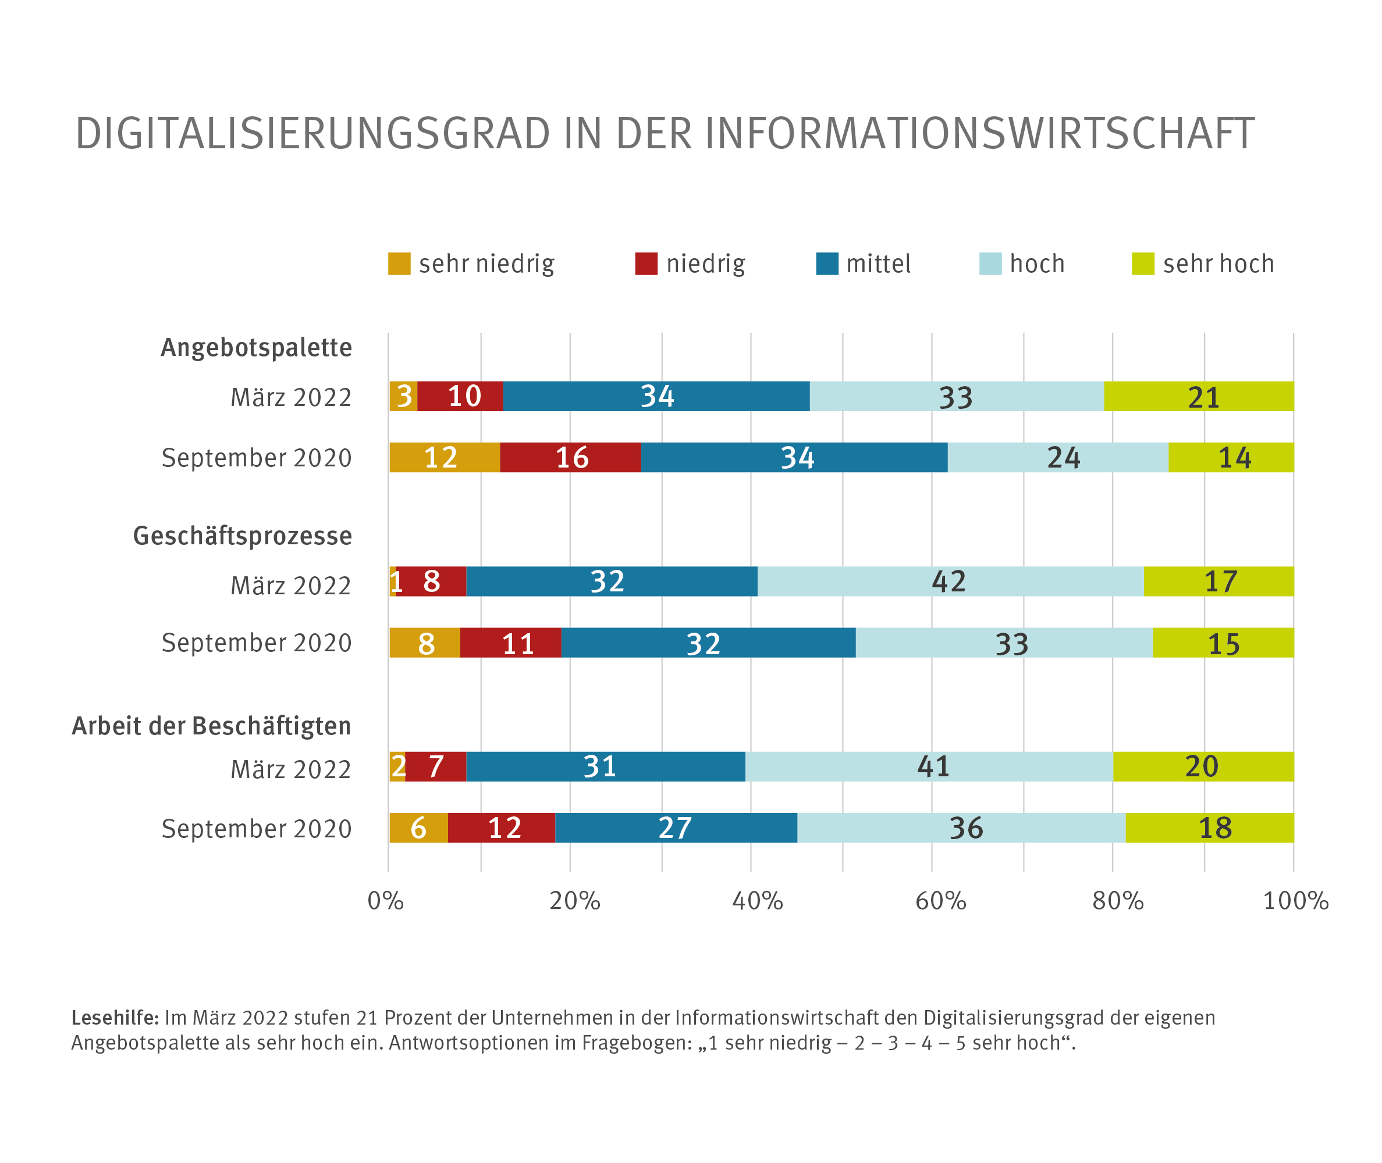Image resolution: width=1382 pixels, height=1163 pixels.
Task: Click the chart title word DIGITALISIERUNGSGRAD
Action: click(312, 134)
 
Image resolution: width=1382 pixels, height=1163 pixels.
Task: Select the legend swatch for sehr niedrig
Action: click(399, 264)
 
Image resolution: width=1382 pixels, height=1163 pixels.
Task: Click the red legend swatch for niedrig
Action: click(646, 264)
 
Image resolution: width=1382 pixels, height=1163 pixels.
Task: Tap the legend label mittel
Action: click(878, 264)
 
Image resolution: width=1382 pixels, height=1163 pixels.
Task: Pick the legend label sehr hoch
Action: click(1218, 264)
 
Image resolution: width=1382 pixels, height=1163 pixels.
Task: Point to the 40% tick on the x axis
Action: click(757, 901)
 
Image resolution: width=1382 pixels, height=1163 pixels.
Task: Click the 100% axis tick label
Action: click(1295, 901)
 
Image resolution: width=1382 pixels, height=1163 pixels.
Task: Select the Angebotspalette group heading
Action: click(256, 348)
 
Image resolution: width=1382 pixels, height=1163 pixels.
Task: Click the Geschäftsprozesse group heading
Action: click(242, 536)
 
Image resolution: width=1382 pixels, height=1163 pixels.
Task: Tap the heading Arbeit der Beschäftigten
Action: click(211, 726)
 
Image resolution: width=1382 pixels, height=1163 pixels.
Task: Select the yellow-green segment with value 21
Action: click(1199, 396)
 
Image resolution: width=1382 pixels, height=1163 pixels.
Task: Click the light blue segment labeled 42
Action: click(950, 581)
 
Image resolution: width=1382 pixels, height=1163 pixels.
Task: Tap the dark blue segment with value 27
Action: click(676, 828)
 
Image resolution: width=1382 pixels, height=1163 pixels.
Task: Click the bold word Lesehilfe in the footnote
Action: click(115, 1018)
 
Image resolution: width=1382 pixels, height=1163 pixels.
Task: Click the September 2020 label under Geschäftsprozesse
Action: click(257, 643)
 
